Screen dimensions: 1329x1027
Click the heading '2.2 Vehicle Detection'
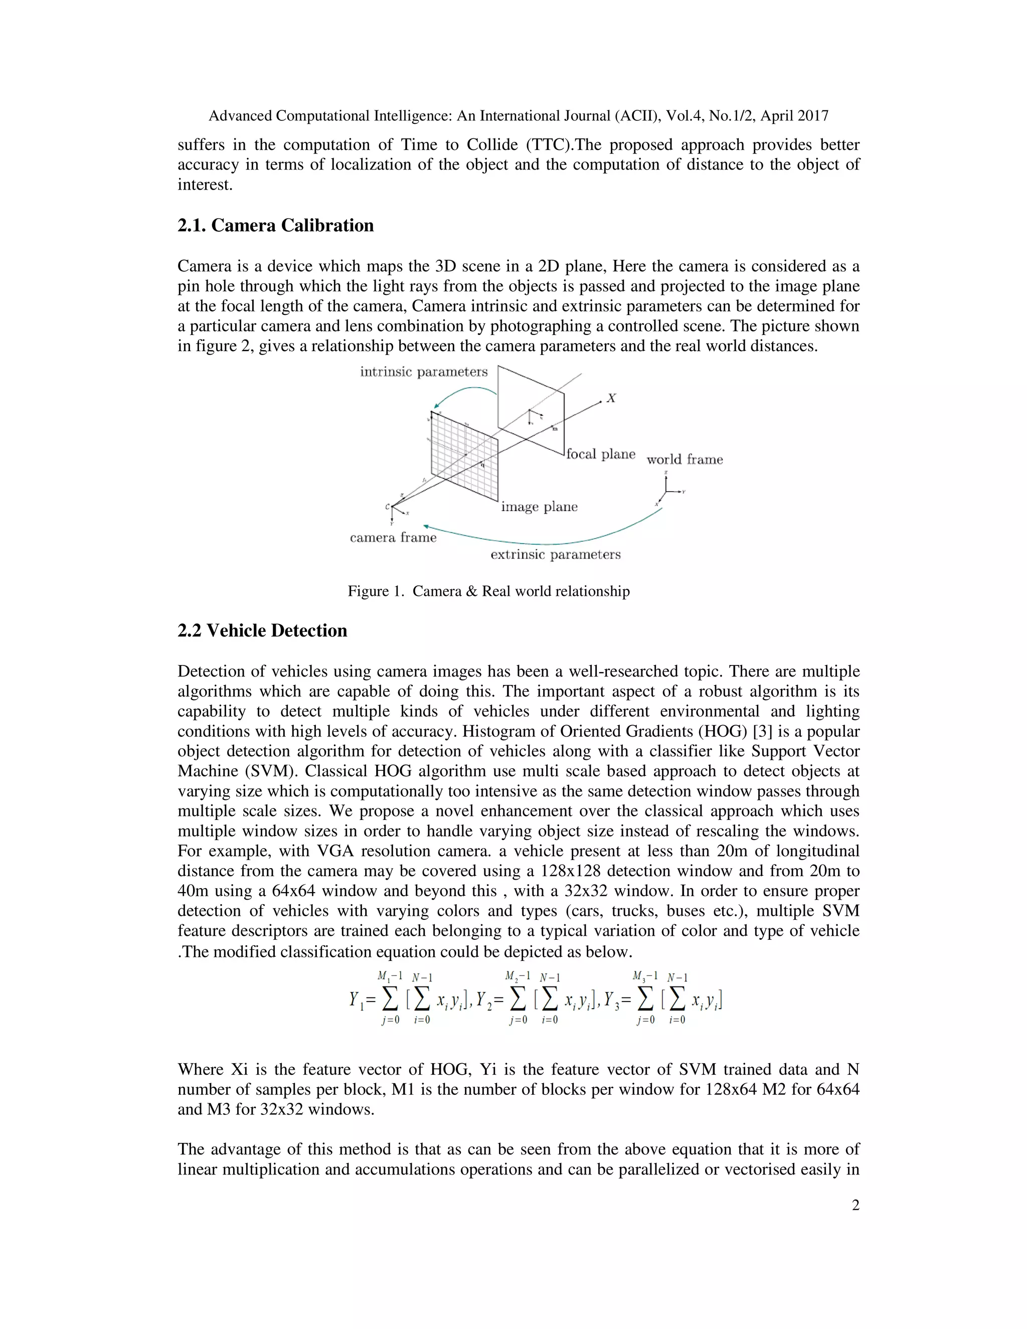coord(262,630)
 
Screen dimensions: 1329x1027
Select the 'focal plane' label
coord(600,454)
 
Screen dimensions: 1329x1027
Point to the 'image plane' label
coord(539,507)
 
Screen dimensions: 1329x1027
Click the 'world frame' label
coord(684,460)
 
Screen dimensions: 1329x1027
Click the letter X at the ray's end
coord(611,399)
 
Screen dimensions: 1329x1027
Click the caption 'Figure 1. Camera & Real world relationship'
coord(488,591)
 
